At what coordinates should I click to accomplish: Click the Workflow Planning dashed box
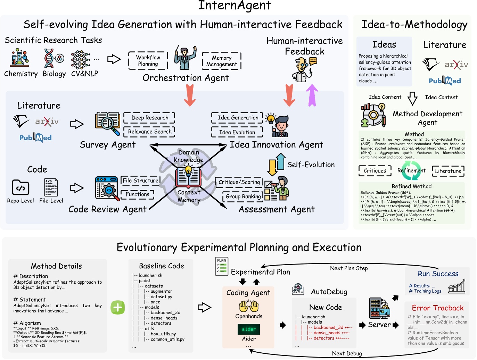point(148,60)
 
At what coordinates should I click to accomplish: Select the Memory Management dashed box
point(221,61)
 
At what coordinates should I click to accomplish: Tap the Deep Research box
point(149,118)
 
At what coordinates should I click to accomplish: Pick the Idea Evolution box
point(237,132)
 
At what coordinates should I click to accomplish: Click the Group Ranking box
point(243,196)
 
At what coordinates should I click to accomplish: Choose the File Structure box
point(140,181)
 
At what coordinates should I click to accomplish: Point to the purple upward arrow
point(312,95)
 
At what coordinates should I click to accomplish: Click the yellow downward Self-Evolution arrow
point(272,167)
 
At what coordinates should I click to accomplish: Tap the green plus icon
point(118,307)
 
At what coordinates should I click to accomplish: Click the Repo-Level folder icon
point(20,188)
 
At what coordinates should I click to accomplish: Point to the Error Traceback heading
point(438,308)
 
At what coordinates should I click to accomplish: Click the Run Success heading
point(438,274)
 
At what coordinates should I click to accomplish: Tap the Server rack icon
point(379,308)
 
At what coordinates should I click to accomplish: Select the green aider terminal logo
point(249,329)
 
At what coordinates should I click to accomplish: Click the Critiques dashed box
point(375,171)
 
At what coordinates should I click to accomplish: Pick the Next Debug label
point(347,353)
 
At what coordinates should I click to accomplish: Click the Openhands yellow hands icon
point(249,307)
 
